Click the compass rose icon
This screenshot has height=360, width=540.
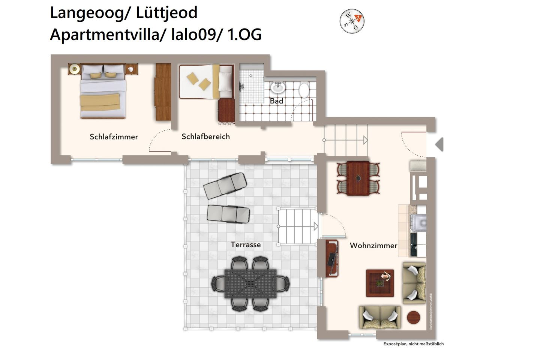point(352,21)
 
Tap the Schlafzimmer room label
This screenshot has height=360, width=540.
point(114,137)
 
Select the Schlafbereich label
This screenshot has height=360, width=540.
point(205,136)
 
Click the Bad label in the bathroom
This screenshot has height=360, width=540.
point(276,101)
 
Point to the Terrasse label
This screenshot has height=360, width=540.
point(246,244)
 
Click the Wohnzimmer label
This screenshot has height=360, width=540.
point(373,246)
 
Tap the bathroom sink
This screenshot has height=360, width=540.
point(278,88)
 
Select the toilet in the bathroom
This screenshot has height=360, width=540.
point(304,90)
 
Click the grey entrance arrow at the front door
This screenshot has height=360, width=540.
point(439,144)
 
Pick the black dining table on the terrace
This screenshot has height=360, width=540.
point(250,283)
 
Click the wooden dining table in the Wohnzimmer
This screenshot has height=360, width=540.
point(358,178)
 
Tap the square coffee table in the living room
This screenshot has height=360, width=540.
point(380,283)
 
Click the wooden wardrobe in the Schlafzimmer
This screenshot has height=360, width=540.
point(163,92)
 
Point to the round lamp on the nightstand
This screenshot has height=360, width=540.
point(75,69)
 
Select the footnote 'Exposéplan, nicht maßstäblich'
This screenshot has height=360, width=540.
point(413,344)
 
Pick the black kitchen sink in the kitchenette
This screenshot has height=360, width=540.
point(414,244)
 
